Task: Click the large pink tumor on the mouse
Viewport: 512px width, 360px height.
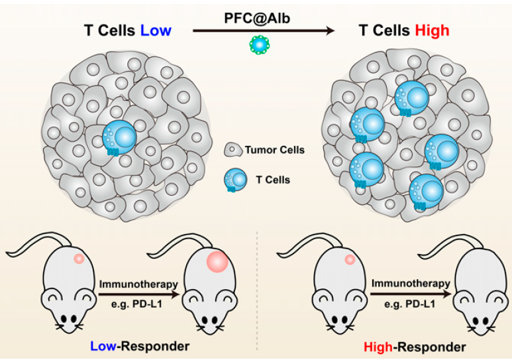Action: click(x=215, y=261)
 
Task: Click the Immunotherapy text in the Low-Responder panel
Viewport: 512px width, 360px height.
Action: click(x=138, y=284)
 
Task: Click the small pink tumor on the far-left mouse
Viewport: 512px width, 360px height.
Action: click(x=78, y=259)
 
